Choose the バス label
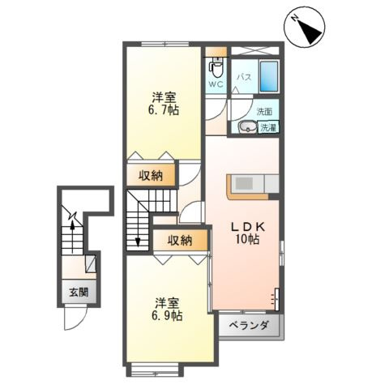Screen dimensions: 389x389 pos(243,79)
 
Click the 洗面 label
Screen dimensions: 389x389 pos(265,111)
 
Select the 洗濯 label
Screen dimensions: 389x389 pos(267,126)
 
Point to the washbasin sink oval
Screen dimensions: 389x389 pos(246,126)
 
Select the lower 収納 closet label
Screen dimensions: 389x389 pos(179,239)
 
